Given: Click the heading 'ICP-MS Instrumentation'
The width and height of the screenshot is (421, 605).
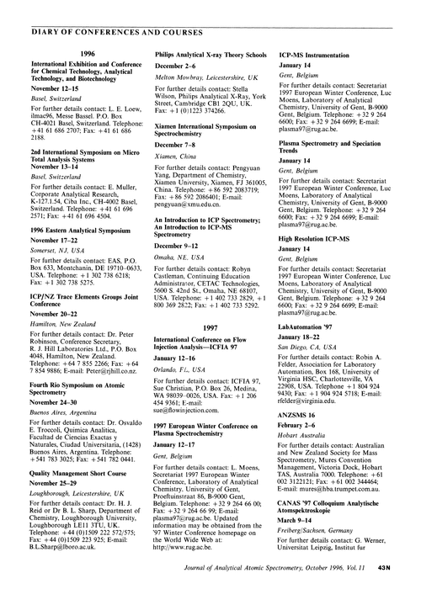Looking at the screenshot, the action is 313,53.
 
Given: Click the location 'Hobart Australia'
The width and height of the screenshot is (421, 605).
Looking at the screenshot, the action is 303,412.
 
